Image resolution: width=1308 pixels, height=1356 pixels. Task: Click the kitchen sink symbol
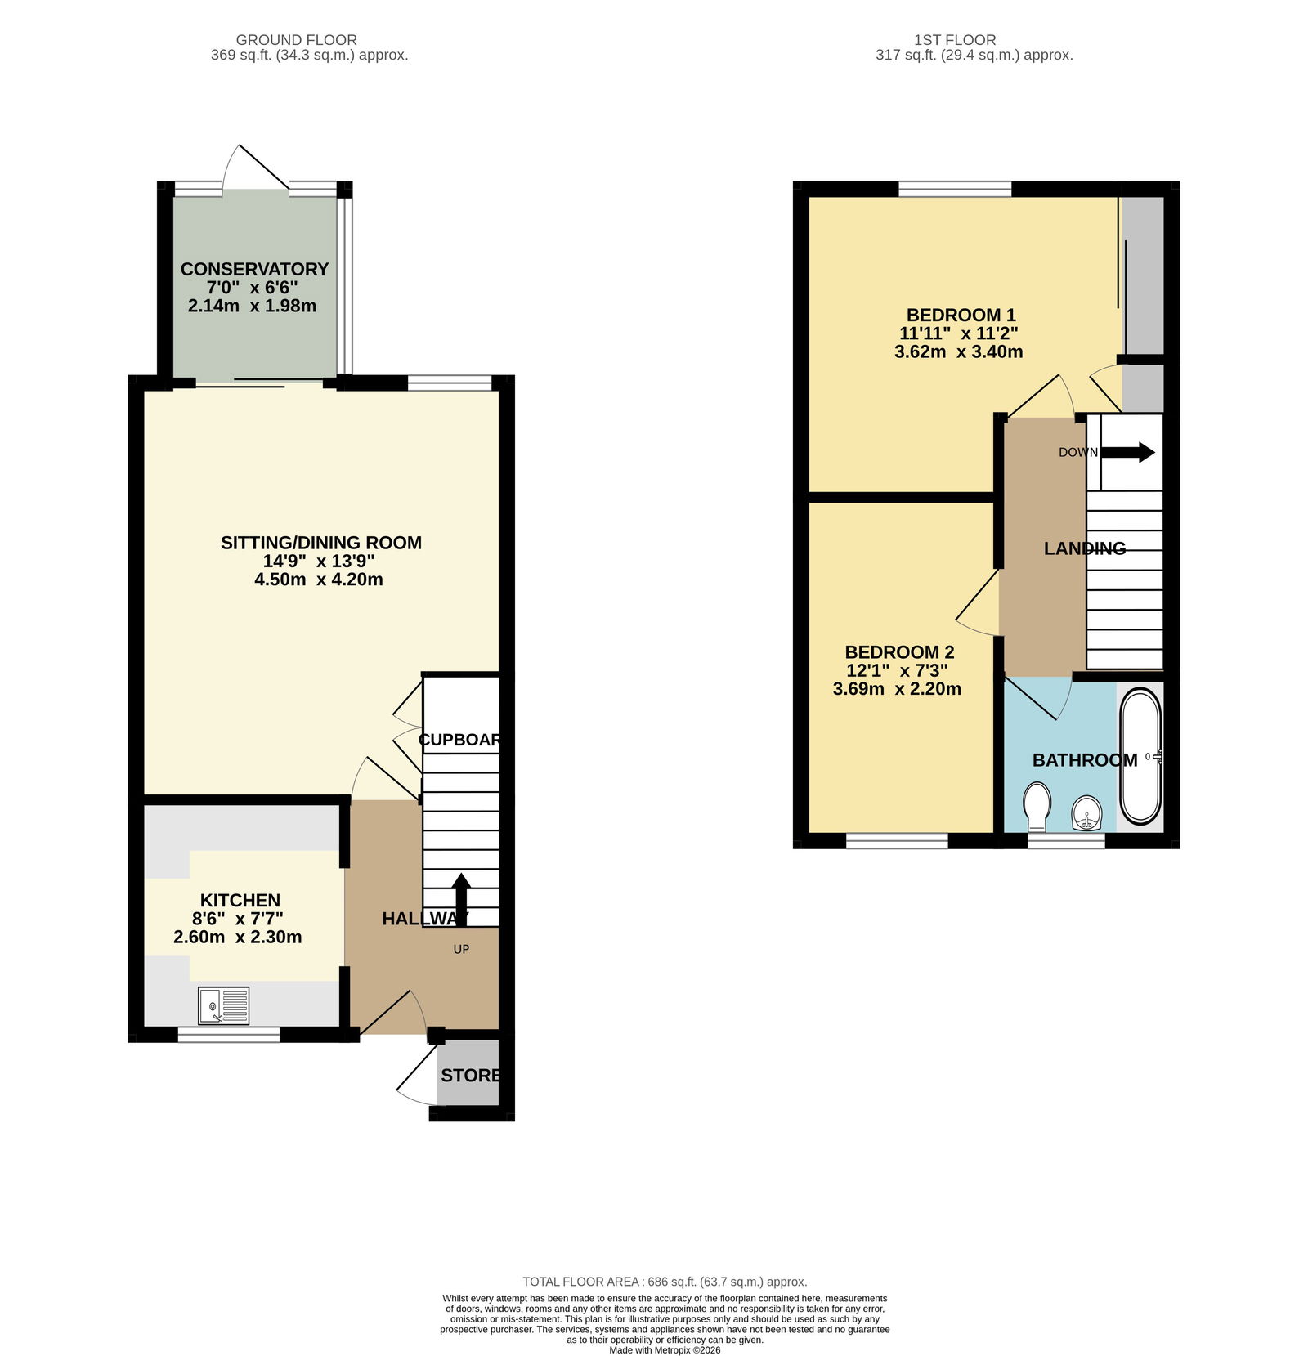[223, 1005]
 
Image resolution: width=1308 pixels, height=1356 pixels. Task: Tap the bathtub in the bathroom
[1140, 756]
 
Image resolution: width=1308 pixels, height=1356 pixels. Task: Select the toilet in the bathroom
[1037, 807]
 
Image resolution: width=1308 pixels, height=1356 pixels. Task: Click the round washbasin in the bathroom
[1087, 813]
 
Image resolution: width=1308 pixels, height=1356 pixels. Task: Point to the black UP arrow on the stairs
[461, 900]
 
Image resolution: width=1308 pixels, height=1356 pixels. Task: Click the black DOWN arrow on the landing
[1128, 452]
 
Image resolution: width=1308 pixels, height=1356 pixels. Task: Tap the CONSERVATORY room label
[254, 269]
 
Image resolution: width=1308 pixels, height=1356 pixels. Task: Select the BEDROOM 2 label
[899, 652]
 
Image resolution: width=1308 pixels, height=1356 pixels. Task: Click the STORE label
[470, 1075]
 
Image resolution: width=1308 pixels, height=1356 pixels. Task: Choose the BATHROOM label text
[1085, 760]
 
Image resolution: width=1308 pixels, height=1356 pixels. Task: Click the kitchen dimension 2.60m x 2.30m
[237, 938]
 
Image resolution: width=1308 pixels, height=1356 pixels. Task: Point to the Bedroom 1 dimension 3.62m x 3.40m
[959, 351]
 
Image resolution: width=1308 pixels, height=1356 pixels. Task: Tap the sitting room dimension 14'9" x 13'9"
[319, 561]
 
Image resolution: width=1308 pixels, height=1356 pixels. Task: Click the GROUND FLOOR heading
[297, 39]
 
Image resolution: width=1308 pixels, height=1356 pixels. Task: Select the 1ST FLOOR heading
[955, 39]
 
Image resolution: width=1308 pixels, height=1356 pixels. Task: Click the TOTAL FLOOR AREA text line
[665, 1282]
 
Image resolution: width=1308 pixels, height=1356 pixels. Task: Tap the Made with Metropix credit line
[665, 1350]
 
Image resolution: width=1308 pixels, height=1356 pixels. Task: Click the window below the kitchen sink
[229, 1034]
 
